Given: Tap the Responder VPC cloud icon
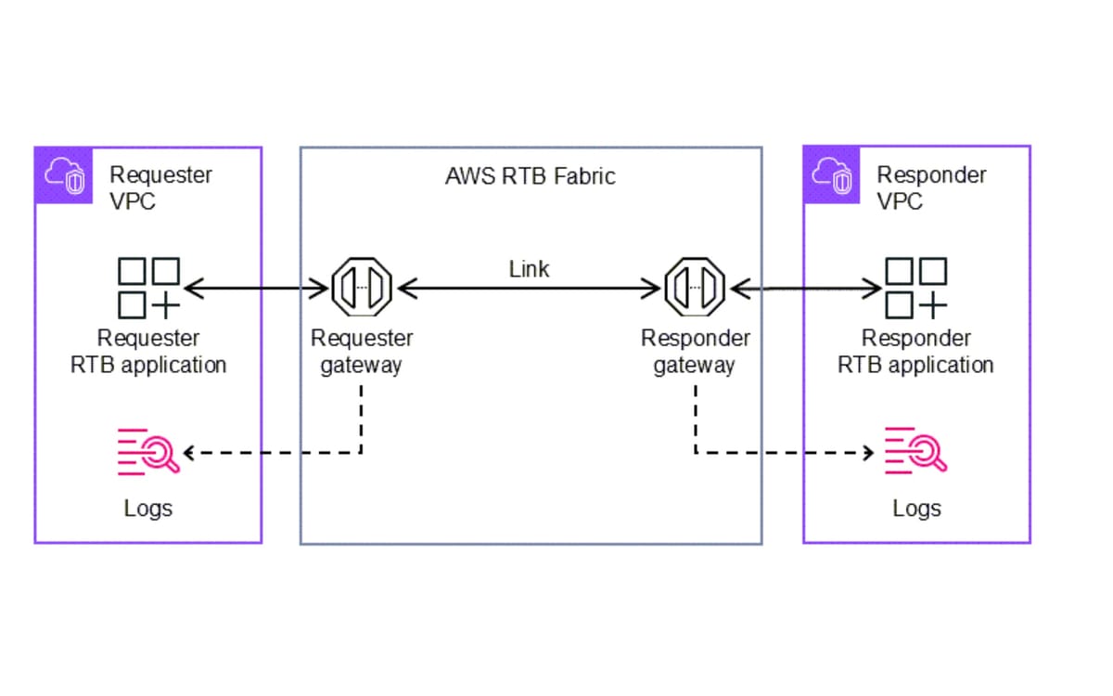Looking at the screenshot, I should coord(833,176).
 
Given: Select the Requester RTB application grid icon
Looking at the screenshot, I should coord(148,288).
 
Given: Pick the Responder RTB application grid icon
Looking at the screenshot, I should coord(916,288).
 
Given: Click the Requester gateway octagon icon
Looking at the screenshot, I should coord(362,289).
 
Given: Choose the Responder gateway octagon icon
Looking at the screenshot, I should coord(695,289).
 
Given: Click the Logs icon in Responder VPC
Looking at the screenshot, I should coord(915,451).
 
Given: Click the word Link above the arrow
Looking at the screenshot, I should coord(529,269).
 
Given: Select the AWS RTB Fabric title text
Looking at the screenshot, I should coord(530,175).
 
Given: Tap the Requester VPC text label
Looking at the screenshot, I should coord(160,187).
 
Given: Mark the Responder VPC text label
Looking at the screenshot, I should coord(930,187).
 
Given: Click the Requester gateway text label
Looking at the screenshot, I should coord(362,352).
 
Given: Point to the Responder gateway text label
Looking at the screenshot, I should coord(695,352).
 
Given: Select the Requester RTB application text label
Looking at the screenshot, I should coord(148,352).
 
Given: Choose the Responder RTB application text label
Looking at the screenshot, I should coord(915,352).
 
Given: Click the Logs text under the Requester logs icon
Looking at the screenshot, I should coord(148,509).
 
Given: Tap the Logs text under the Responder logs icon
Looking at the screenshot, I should coord(916,509).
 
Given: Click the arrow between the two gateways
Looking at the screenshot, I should coord(529,290).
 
